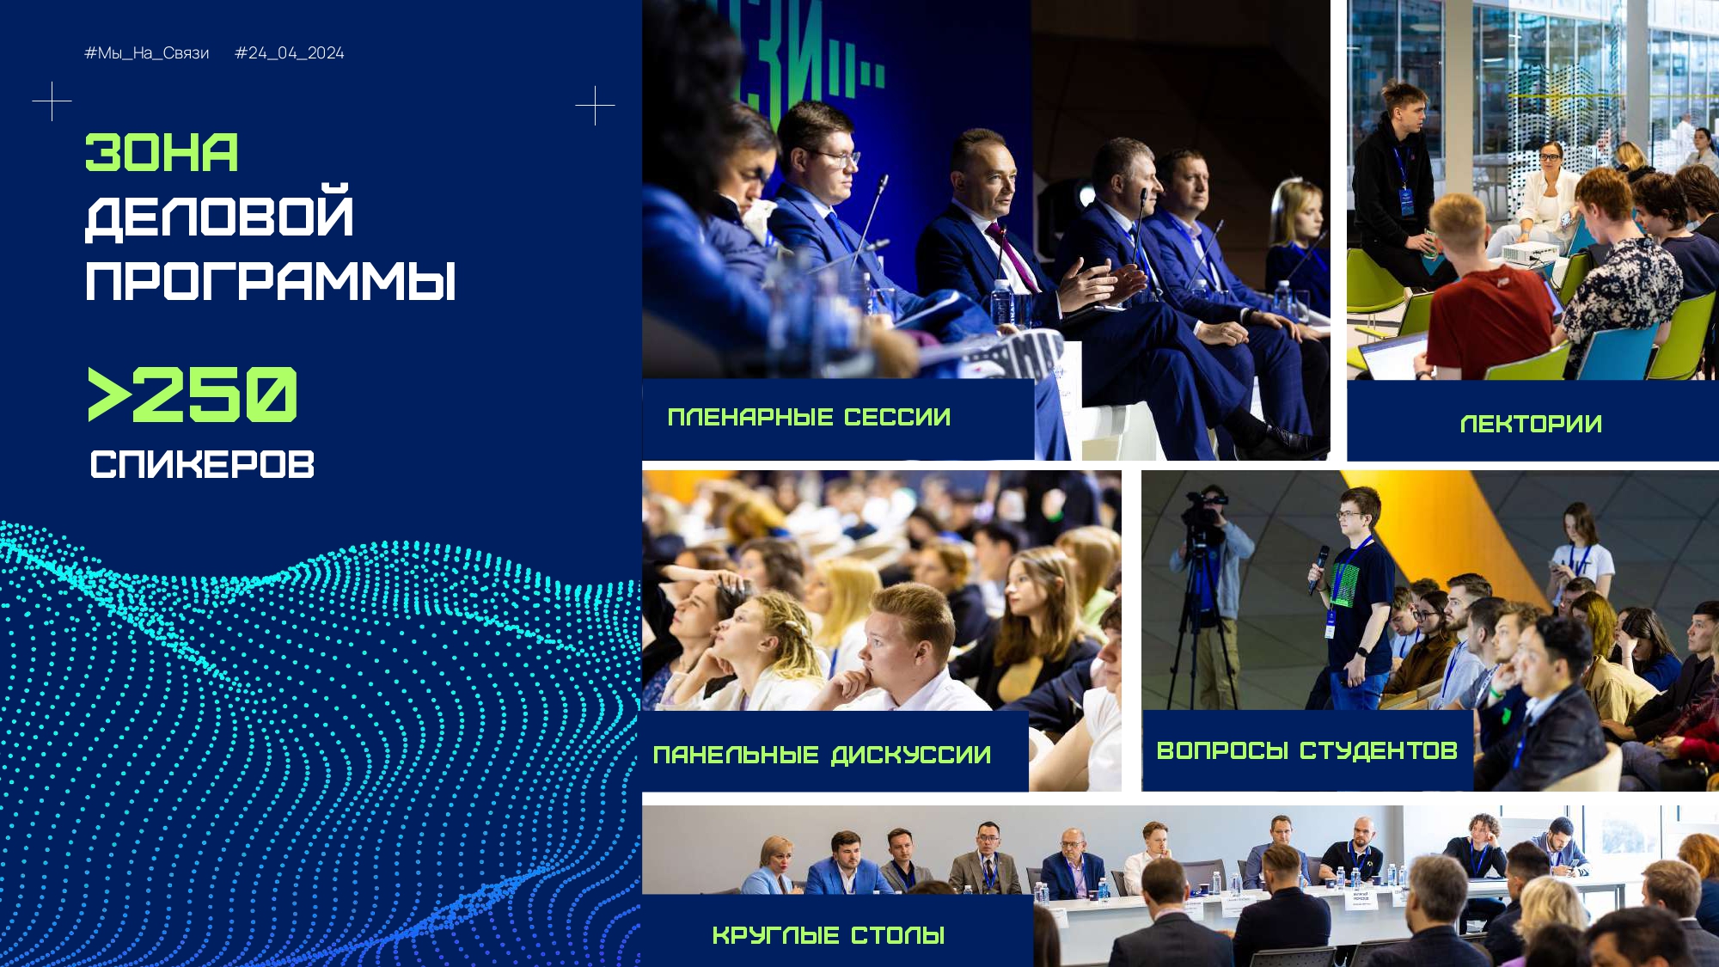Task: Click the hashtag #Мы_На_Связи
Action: point(147,53)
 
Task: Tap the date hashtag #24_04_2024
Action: point(290,53)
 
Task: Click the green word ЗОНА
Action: point(162,153)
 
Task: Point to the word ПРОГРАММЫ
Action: point(271,281)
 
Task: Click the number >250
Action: point(193,395)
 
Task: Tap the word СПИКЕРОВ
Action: point(202,464)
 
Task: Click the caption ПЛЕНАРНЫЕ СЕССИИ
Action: point(809,418)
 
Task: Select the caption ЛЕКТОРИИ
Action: point(1531,424)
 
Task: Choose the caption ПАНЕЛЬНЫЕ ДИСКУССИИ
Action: point(822,755)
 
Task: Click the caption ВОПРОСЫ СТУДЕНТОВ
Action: point(1306,750)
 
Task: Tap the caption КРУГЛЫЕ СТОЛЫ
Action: point(829,935)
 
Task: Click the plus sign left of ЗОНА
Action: point(52,101)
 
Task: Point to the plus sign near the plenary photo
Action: point(595,106)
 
